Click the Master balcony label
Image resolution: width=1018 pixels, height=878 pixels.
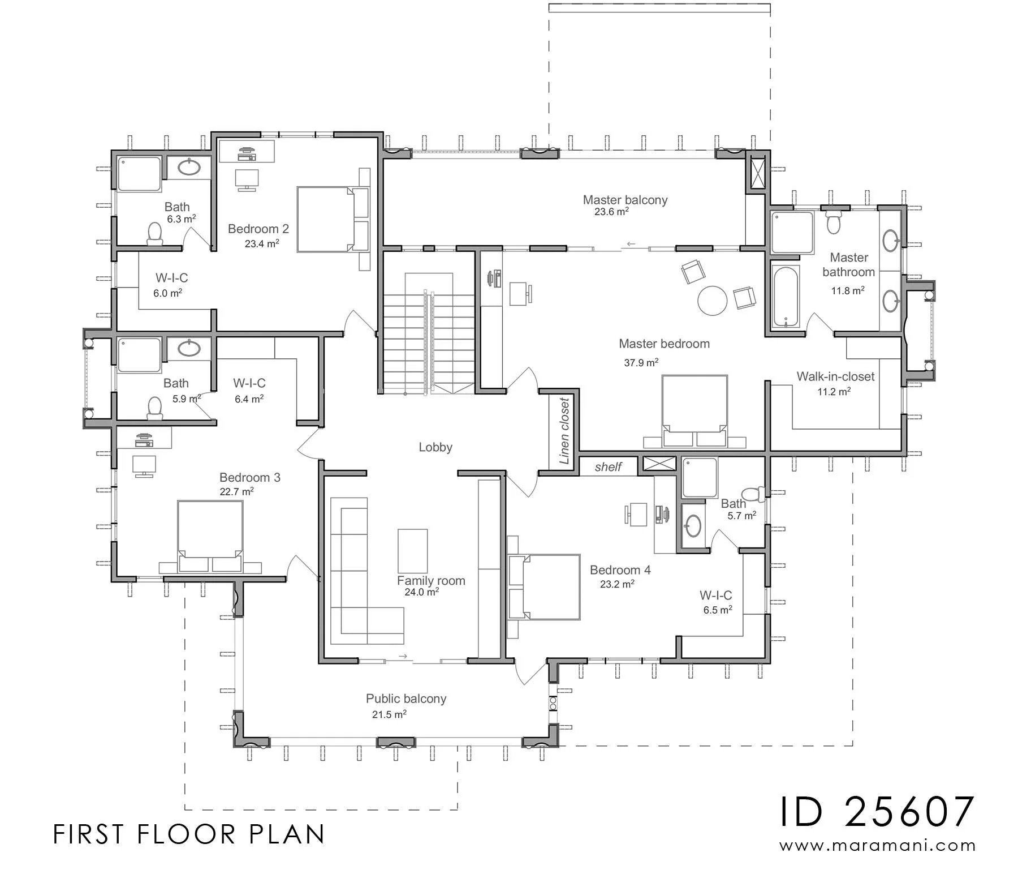pos(625,200)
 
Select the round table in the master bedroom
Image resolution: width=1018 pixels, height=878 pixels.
pos(712,300)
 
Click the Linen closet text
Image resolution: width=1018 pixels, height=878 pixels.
pos(564,431)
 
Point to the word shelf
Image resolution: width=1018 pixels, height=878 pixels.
pos(608,467)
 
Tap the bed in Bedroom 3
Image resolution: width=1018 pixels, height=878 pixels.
pos(210,536)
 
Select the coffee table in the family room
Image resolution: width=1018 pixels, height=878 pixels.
pos(413,551)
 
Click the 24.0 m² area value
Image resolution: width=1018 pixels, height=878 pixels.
pos(422,592)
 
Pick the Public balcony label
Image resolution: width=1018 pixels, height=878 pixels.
pos(406,699)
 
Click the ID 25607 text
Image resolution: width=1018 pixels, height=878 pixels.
pos(878,812)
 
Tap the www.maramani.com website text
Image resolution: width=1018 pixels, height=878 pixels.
pos(878,846)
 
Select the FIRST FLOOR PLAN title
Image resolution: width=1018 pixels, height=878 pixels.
pos(189,834)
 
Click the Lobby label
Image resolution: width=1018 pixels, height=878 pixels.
pos(435,447)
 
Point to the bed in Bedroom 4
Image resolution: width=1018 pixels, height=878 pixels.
pos(544,586)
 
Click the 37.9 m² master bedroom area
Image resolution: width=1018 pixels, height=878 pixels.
pos(641,362)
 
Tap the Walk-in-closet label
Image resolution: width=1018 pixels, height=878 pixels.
pos(835,376)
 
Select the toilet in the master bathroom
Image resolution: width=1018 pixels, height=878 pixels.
pos(833,221)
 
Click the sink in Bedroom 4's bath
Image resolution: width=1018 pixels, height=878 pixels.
pos(693,526)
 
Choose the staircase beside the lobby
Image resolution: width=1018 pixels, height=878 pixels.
pos(429,333)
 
